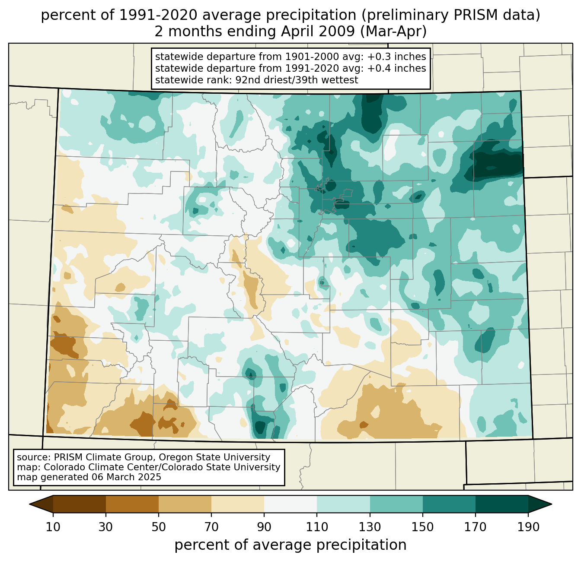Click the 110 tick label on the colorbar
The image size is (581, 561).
pos(317,527)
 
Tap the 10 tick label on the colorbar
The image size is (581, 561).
pos(53,527)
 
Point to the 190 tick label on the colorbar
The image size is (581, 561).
pos(528,527)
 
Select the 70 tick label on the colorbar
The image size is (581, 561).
pos(211,527)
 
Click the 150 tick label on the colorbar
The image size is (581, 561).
pos(422,527)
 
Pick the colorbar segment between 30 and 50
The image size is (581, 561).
pos(132,504)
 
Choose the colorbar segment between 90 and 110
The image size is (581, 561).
pos(290,504)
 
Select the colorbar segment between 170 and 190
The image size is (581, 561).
pos(501,504)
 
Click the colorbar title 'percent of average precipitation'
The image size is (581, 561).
pos(290,545)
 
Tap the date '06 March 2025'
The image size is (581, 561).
pos(126,477)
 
